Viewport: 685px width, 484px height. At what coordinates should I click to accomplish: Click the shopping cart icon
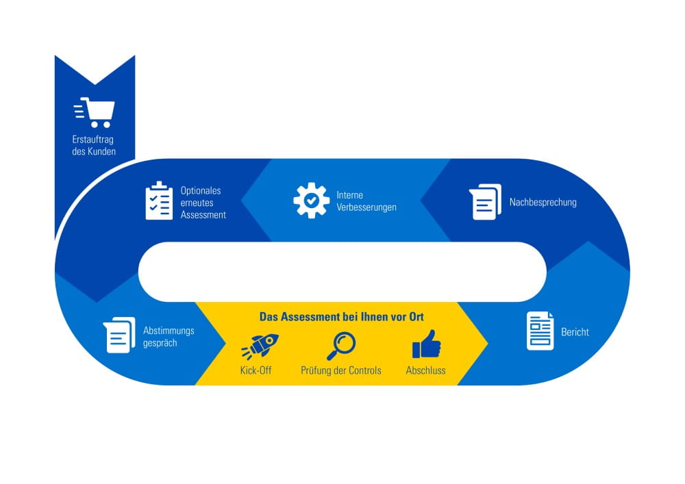tap(95, 112)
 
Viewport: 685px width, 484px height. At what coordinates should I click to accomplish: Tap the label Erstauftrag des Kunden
tap(94, 145)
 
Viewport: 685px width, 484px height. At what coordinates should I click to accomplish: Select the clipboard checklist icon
tap(159, 201)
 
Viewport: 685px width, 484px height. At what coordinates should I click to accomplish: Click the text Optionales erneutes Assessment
tap(203, 203)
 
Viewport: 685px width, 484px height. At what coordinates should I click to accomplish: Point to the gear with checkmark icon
tap(311, 201)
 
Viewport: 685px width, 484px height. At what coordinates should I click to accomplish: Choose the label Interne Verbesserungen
tap(366, 201)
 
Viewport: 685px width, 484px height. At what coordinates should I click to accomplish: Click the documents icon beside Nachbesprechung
tap(485, 202)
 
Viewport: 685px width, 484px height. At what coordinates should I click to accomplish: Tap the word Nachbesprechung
tap(543, 202)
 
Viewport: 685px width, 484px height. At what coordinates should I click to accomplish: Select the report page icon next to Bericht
tap(540, 331)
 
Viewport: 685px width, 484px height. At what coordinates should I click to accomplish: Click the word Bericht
tap(575, 332)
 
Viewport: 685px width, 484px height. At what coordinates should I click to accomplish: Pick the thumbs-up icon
tap(426, 344)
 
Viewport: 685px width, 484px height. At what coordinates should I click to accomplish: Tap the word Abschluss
tap(425, 370)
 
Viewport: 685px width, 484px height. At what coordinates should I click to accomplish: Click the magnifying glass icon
tap(341, 346)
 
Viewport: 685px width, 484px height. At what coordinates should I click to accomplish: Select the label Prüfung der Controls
tap(340, 370)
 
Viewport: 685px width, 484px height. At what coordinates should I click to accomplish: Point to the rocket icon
tap(260, 346)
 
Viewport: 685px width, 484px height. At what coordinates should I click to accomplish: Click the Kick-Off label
tap(256, 370)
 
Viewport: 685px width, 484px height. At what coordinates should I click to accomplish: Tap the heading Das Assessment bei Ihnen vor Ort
tap(342, 317)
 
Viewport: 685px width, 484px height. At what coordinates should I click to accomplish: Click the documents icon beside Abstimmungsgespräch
tap(119, 335)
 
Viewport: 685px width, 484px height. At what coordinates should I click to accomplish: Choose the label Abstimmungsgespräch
tap(169, 337)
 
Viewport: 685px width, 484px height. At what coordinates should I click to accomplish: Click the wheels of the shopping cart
tap(101, 125)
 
